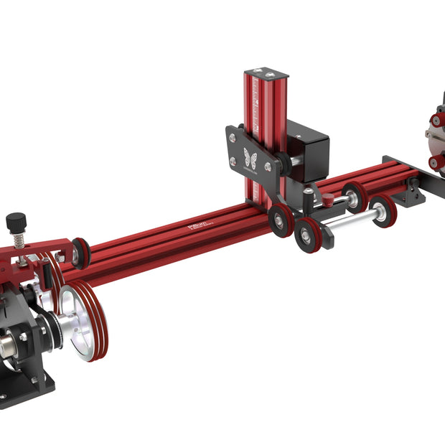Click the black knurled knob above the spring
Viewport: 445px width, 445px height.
coord(16,220)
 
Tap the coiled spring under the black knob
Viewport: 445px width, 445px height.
coord(17,238)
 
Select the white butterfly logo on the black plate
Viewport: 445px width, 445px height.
coord(250,158)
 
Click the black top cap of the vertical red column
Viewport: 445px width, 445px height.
coord(266,74)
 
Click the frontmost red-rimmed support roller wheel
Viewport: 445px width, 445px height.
coord(309,235)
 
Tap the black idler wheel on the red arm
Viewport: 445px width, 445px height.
coord(80,252)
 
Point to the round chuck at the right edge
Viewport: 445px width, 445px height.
coord(436,136)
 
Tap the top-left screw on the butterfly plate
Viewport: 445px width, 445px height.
coord(233,134)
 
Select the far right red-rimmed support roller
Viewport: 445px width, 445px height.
coord(383,210)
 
